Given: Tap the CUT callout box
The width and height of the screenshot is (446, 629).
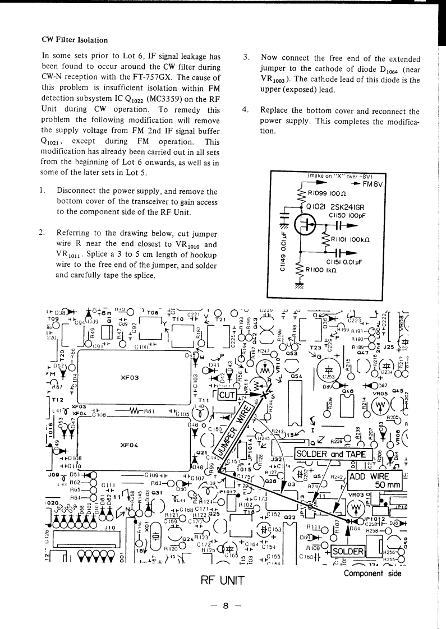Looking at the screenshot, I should pyautogui.click(x=228, y=394).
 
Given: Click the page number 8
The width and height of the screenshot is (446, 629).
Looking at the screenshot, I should pyautogui.click(x=223, y=605).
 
